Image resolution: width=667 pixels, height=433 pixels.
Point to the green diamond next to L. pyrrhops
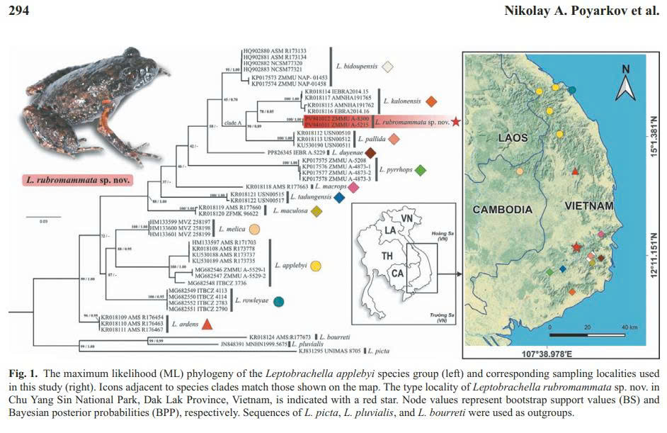point(420,170)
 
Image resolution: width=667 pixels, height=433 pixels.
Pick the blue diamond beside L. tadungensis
point(339,198)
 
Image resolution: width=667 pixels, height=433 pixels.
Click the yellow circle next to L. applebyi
point(317,266)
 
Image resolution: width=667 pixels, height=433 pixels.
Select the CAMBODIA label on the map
point(503,209)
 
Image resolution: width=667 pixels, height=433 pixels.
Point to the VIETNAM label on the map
point(588,206)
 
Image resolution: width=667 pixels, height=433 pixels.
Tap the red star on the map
point(577,247)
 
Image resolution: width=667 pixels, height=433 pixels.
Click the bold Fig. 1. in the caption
point(25,372)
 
